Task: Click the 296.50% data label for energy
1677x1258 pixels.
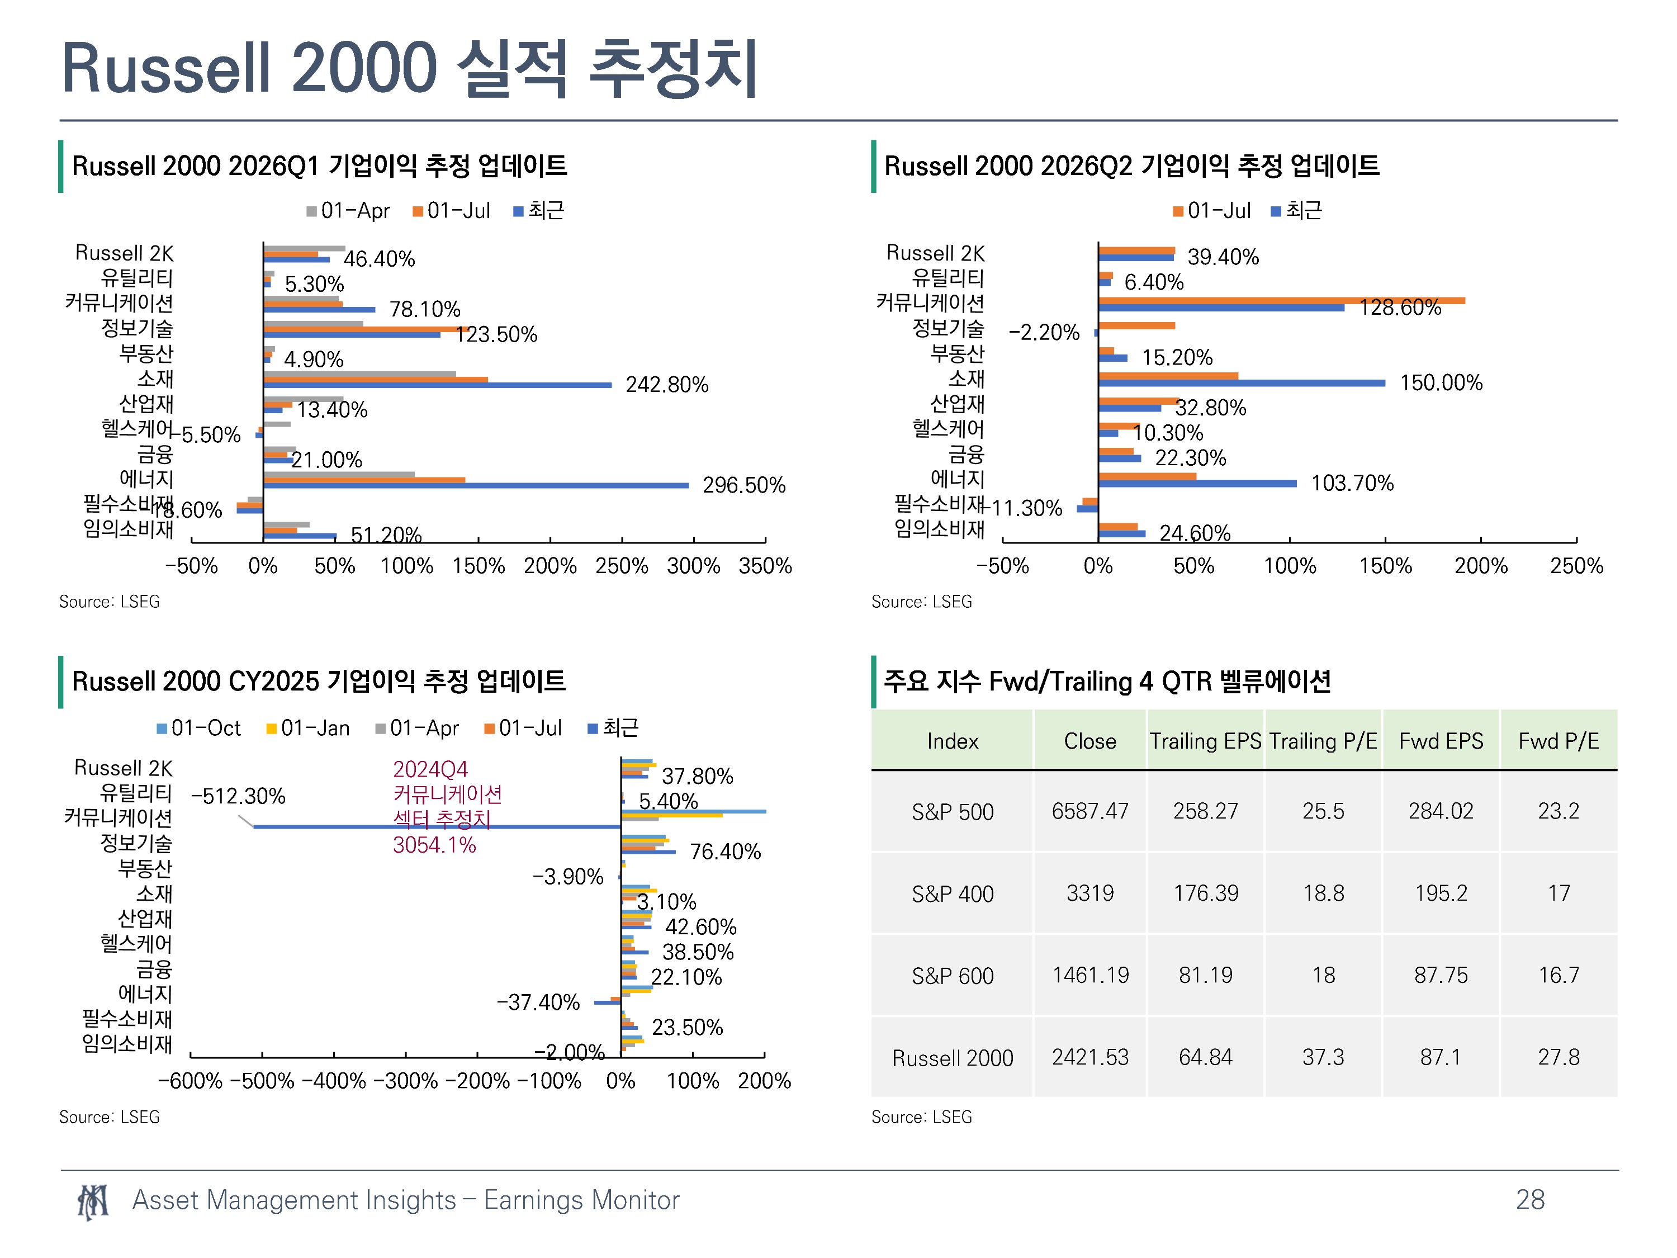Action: point(743,485)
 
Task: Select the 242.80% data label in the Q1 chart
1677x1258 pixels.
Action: point(666,385)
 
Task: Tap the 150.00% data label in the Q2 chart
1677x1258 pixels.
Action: point(1441,382)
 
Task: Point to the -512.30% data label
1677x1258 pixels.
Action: point(238,796)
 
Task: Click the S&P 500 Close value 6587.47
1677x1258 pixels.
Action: point(1089,811)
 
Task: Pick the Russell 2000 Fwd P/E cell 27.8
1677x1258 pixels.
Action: point(1558,1057)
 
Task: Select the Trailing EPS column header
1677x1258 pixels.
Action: point(1205,741)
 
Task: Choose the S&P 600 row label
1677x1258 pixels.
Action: point(952,976)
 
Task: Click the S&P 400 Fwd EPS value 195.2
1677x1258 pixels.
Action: point(1441,893)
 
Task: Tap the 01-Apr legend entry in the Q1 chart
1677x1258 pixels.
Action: point(348,211)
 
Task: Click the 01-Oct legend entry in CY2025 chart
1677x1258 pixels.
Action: point(198,728)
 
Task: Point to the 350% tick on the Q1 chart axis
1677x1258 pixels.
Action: point(765,566)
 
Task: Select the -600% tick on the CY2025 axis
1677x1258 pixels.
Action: point(190,1081)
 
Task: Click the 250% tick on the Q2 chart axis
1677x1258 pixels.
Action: point(1576,566)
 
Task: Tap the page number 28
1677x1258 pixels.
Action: point(1530,1200)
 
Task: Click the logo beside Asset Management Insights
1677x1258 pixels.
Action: point(92,1202)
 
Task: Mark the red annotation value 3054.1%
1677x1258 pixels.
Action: point(434,845)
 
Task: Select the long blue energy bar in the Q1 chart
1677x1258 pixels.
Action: point(476,485)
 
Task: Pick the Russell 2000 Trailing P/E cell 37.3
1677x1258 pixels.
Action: point(1323,1057)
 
